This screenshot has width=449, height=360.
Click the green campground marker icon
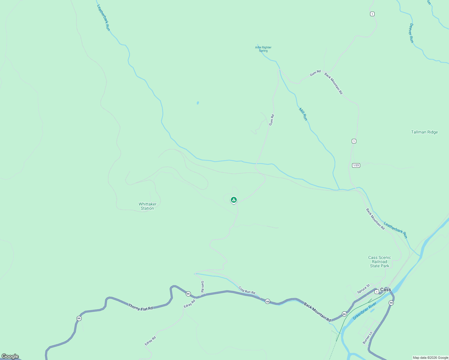tap(234, 200)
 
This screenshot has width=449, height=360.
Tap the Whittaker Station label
tap(147, 206)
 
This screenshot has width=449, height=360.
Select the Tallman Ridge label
tap(424, 132)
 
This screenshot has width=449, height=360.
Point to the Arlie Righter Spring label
tap(263, 49)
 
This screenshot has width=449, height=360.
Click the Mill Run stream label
tap(303, 114)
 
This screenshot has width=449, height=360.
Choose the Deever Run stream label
tap(411, 33)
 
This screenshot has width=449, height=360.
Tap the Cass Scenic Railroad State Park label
tap(379, 262)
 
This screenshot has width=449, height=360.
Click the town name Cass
tap(385, 289)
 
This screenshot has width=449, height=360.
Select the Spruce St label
tap(363, 289)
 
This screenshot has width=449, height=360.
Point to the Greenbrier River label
tap(364, 311)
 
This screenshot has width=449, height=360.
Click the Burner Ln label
tap(367, 337)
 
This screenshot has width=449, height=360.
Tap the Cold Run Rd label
tap(247, 290)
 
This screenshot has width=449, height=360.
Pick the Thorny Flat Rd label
tap(140, 307)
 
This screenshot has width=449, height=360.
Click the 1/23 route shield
tap(356, 165)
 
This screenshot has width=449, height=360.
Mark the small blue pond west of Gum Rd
tap(198, 103)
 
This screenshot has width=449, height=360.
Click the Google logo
tap(10, 356)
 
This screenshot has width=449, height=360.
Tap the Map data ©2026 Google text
tap(430, 358)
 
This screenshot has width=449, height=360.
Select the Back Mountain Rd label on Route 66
tap(317, 312)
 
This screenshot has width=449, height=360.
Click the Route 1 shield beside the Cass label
tap(377, 292)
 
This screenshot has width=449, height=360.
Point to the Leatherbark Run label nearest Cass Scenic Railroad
tap(396, 230)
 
